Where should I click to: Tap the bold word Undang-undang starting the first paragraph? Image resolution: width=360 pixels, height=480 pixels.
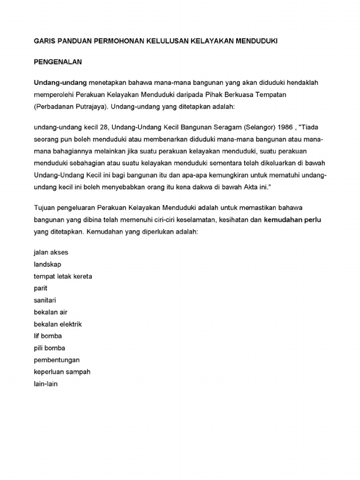click(60, 82)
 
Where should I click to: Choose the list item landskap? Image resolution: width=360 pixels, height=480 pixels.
click(47, 264)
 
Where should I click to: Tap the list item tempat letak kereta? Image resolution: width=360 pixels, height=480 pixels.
click(63, 276)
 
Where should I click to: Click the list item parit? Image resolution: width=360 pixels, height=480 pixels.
click(41, 288)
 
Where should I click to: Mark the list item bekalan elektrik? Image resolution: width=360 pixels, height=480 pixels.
click(58, 324)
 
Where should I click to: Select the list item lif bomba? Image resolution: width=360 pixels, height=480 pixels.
click(48, 336)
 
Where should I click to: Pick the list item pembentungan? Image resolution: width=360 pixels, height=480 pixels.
click(57, 360)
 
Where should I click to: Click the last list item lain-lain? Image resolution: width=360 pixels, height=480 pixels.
click(45, 384)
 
